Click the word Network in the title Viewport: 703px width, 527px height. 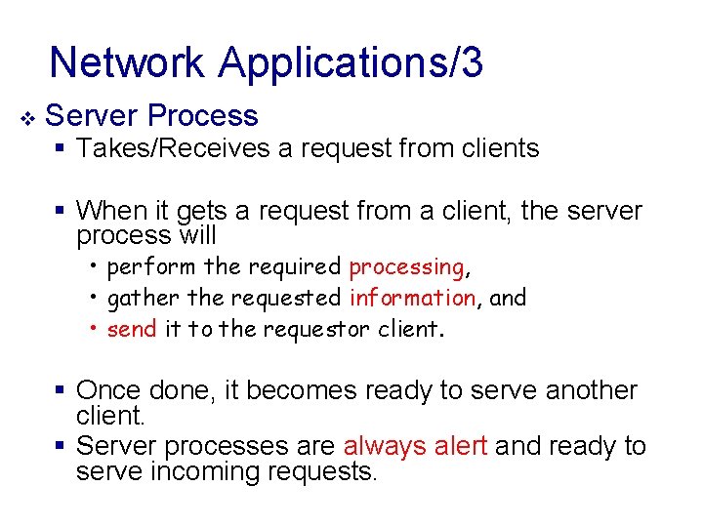pyautogui.click(x=129, y=62)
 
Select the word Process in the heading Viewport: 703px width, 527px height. pyautogui.click(x=203, y=116)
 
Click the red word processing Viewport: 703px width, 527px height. pyautogui.click(x=406, y=267)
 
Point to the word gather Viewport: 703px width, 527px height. pyautogui.click(x=135, y=298)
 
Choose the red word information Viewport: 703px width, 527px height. pyautogui.click(x=411, y=298)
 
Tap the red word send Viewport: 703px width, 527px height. pyautogui.click(x=131, y=329)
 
